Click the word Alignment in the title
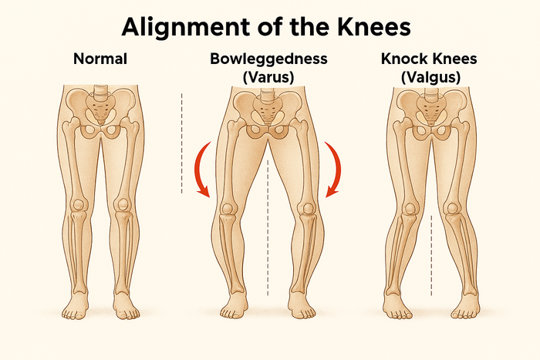tap(185, 27)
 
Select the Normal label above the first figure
tap(100, 59)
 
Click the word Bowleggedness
tap(268, 59)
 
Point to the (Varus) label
tap(268, 77)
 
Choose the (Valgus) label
tap(430, 77)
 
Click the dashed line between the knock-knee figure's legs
tap(431, 256)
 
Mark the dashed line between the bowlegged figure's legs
tap(268, 227)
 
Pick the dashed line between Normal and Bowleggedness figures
tap(181, 143)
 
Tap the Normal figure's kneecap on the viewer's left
tap(79, 205)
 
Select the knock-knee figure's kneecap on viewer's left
tap(410, 209)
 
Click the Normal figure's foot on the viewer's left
tap(75, 306)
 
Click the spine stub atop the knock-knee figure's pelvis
tap(431, 93)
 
